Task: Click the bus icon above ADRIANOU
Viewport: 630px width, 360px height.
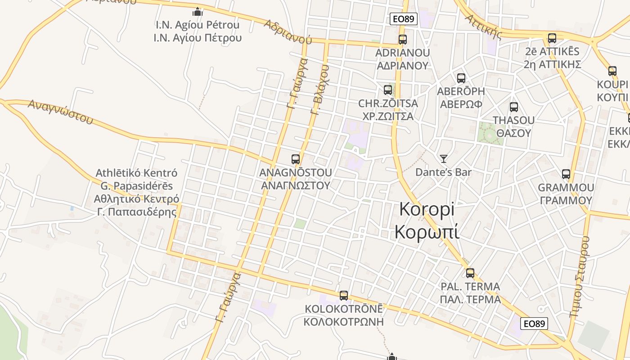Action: tap(403, 40)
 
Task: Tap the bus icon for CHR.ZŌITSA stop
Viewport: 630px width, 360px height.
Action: tap(388, 90)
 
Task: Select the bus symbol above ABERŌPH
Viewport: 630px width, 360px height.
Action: tap(461, 78)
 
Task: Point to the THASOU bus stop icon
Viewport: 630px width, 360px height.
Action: tap(514, 107)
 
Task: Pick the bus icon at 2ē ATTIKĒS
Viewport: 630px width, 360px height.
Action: tap(552, 38)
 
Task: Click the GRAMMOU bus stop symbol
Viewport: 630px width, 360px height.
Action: tap(566, 174)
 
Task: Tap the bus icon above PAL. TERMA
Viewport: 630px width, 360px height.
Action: tap(470, 273)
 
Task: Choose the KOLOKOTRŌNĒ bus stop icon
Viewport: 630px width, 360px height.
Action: tap(344, 296)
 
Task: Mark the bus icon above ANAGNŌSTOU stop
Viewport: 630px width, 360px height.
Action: tap(296, 159)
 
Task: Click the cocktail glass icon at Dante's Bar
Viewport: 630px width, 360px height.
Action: tap(444, 158)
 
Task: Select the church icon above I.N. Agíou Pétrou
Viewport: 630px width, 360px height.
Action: tap(197, 12)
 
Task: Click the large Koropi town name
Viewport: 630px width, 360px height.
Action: tap(427, 220)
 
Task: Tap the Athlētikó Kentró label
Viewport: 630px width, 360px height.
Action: tap(137, 173)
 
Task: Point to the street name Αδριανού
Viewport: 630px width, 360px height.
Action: tap(288, 31)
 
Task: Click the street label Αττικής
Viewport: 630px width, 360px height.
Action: tap(483, 26)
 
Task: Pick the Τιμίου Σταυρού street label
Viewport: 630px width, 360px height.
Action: tap(580, 277)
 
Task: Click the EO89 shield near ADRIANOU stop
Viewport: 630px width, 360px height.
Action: tap(404, 19)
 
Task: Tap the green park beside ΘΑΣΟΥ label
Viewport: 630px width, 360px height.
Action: tap(490, 134)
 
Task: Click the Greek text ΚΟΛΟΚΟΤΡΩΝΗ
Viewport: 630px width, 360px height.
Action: tap(343, 322)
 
